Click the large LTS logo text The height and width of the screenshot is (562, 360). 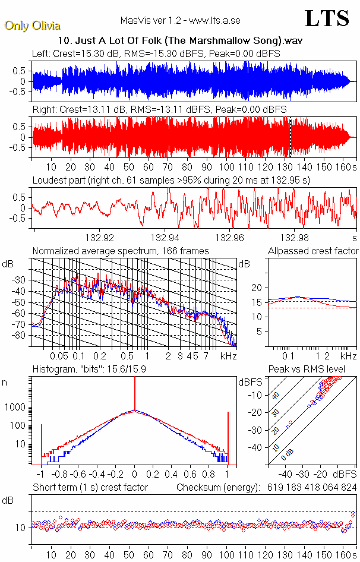tap(327, 18)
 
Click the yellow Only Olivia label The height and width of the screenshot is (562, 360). tap(32, 26)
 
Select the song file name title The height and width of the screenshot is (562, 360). tap(179, 42)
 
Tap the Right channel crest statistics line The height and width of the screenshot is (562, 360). tap(159, 110)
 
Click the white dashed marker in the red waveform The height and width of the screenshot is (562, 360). tap(290, 137)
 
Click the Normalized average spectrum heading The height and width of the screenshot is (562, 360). tap(121, 251)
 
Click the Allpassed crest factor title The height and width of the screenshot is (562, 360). tap(313, 251)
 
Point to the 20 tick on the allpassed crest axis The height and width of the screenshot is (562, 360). tap(257, 288)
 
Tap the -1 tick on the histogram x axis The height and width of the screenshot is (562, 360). tap(41, 475)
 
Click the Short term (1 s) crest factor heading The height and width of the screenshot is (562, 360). tap(90, 487)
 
